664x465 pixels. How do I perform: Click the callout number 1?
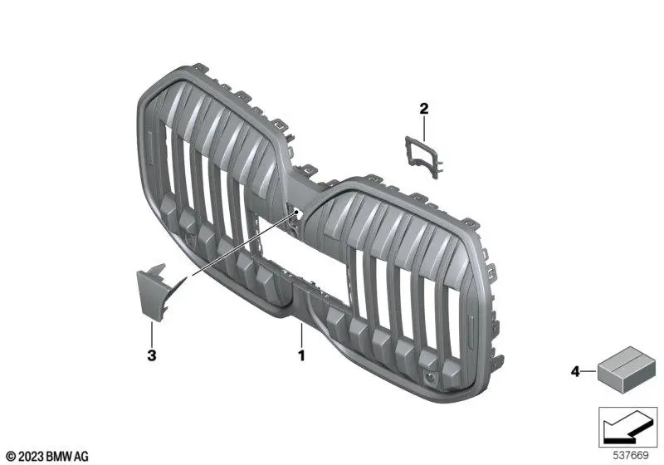302,355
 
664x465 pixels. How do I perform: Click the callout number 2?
423,108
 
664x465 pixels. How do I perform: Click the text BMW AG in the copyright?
69,455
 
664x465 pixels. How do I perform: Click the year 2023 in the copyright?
30,455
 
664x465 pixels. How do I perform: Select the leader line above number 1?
302,335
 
